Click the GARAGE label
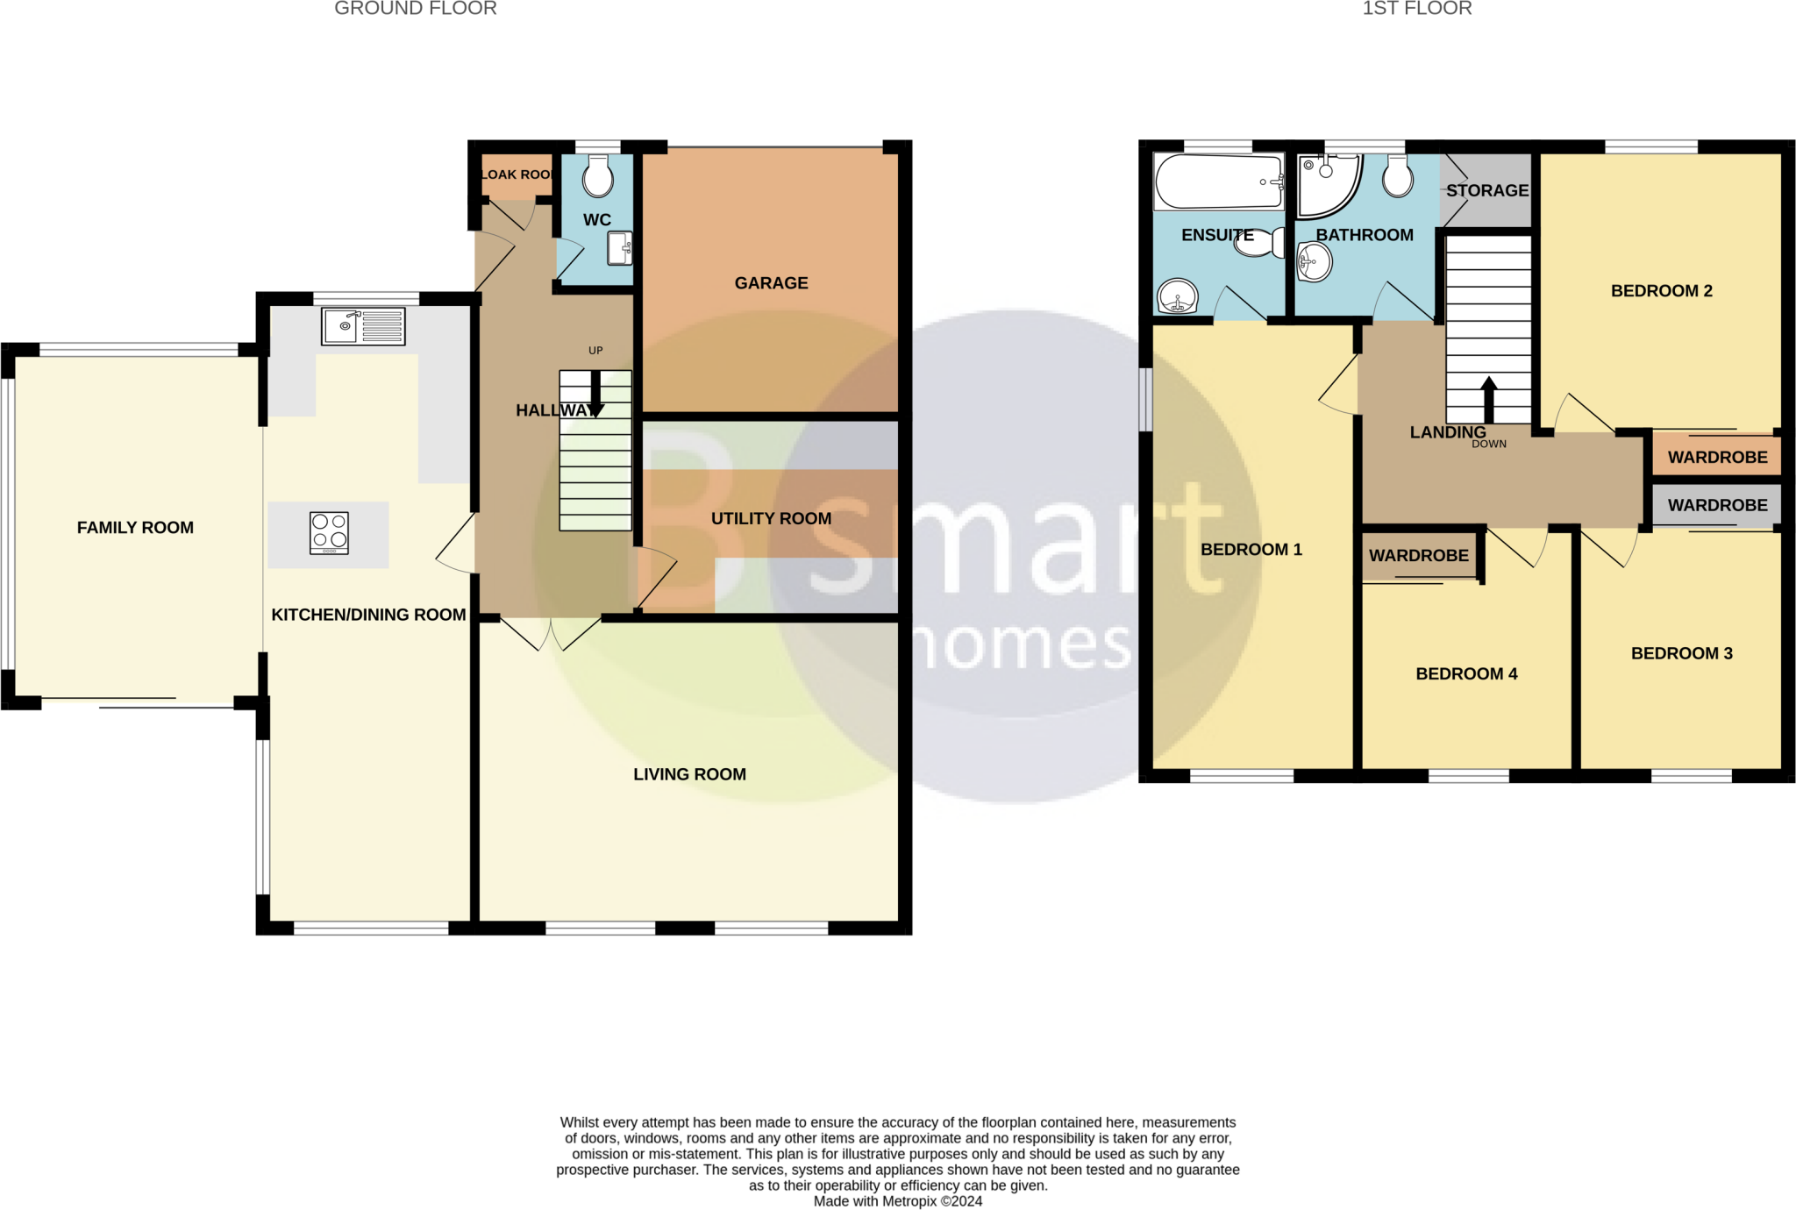[771, 283]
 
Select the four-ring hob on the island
[329, 532]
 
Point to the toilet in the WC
[598, 176]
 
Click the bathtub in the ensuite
[1218, 181]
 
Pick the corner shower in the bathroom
[1326, 184]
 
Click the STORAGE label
[1487, 190]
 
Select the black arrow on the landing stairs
[1488, 400]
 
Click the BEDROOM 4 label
[1466, 673]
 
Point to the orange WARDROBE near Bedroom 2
[1716, 457]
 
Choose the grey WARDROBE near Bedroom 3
[1716, 505]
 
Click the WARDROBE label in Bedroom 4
[1418, 555]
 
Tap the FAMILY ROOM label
[135, 527]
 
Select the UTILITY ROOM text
[771, 518]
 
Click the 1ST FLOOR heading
[1416, 9]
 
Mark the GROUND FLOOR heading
[415, 9]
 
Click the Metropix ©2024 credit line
[897, 1201]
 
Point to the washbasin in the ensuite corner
[1177, 296]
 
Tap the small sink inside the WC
[620, 248]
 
